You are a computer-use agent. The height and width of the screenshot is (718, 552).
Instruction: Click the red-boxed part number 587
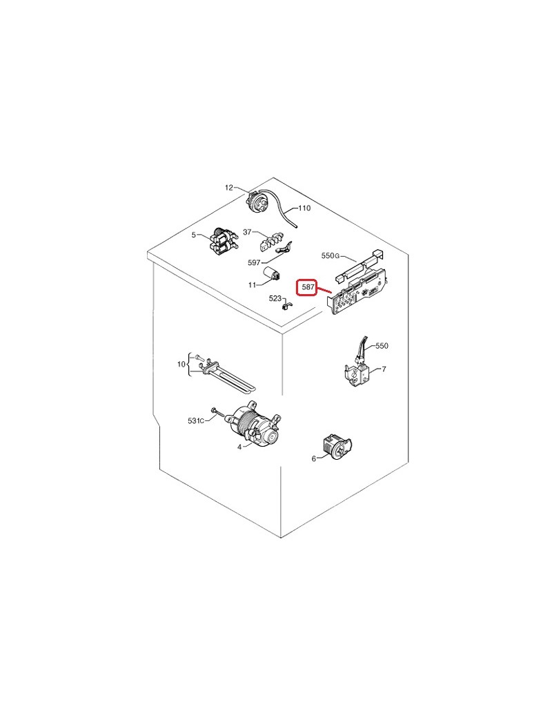(308, 288)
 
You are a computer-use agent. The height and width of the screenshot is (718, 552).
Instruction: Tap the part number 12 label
(229, 187)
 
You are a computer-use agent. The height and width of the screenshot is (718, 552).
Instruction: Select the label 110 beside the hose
(304, 208)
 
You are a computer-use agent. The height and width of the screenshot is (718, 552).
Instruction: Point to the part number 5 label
(194, 235)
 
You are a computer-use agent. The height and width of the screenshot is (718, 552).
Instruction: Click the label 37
(247, 232)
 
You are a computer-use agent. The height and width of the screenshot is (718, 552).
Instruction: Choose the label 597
(253, 262)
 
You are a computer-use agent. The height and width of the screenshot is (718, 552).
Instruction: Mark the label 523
(275, 298)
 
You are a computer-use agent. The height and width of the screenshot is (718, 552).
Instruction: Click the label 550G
(331, 255)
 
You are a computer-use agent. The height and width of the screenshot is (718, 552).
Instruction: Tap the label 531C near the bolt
(196, 420)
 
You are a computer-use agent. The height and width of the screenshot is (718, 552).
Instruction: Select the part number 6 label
(313, 458)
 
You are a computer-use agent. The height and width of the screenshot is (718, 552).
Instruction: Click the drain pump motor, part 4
(255, 425)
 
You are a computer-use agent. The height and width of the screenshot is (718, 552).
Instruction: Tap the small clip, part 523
(287, 304)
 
